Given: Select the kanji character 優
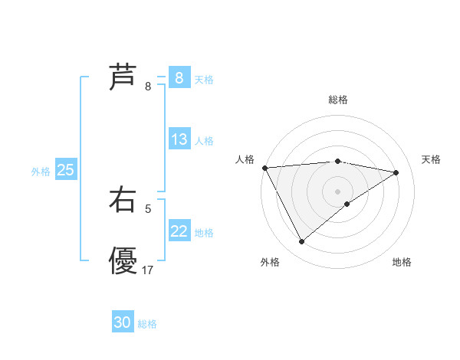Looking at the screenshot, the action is point(123,260).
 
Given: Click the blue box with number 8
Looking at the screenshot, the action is point(179,78).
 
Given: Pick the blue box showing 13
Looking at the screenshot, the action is point(179,139).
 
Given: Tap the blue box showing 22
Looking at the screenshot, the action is point(179,231).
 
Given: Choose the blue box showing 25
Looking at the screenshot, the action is point(65,170).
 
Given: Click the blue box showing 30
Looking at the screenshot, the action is point(122,323).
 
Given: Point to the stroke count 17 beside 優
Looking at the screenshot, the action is point(148,270).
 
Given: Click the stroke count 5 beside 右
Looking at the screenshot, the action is point(148,208).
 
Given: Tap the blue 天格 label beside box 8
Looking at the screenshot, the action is point(204,80).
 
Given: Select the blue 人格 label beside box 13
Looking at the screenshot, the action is point(204,141).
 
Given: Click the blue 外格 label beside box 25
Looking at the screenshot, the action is point(41,172).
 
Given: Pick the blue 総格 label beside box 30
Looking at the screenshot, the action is point(147,324).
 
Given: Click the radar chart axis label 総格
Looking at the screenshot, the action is point(337,100).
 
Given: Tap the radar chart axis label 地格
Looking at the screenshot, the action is point(402,262).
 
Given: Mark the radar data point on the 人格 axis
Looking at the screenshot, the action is point(264,168).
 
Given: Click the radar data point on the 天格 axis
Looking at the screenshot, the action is point(396,172).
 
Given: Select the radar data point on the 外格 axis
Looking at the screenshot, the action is point(301,242).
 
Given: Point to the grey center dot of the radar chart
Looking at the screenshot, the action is point(337,191).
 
